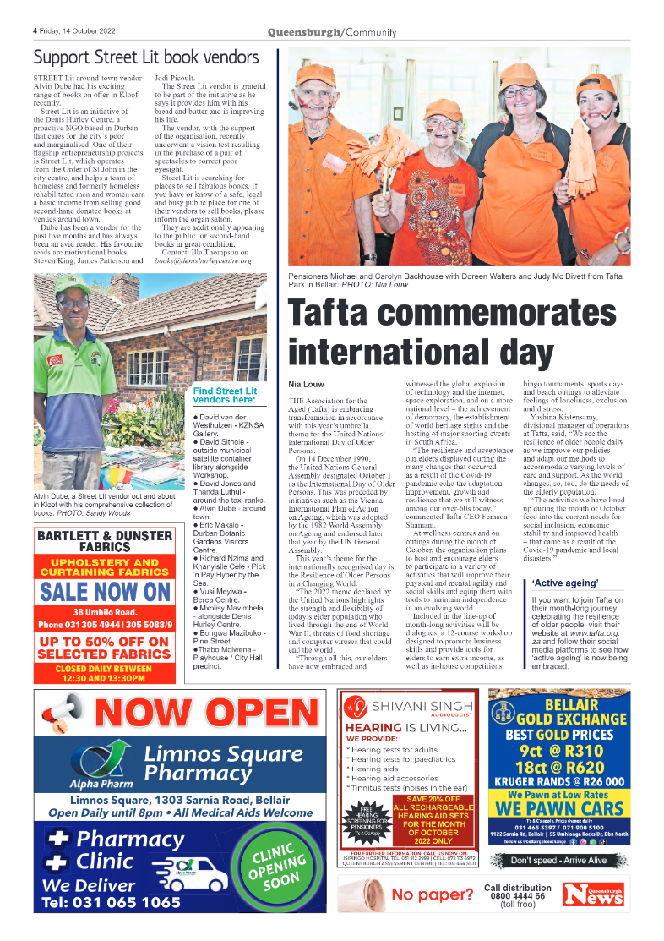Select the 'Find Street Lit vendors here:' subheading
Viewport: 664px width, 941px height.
(x=225, y=396)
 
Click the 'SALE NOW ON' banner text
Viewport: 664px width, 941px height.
(x=106, y=592)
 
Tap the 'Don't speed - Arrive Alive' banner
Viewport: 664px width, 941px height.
(x=559, y=861)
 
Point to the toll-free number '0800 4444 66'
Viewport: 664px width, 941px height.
(x=517, y=896)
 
